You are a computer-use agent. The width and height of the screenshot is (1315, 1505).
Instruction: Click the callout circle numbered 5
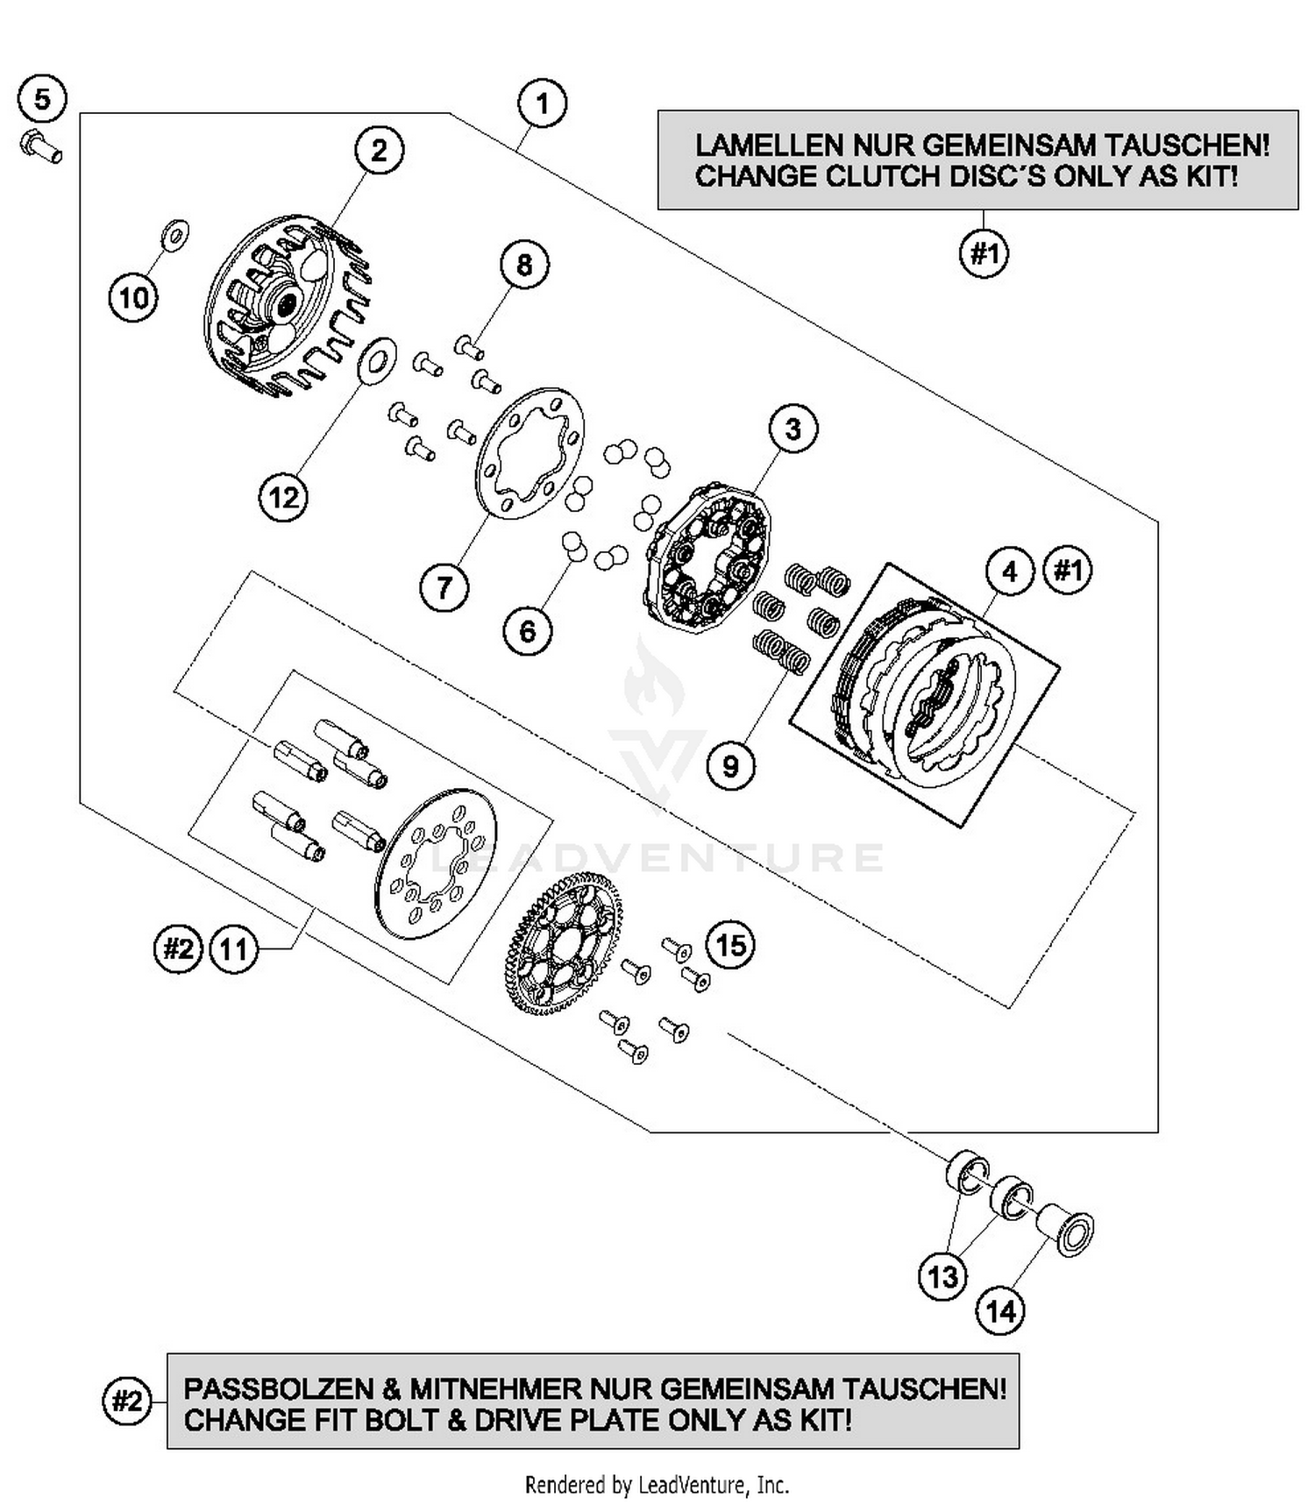click(43, 98)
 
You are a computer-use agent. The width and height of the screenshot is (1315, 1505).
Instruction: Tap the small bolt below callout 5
click(41, 146)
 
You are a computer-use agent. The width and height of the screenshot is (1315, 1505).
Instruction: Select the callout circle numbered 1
click(543, 103)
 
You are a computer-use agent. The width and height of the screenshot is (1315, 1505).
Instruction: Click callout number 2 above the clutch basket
click(379, 151)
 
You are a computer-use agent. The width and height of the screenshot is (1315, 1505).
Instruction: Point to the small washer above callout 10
click(175, 234)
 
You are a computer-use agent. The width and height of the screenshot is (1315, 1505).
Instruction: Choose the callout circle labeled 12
click(284, 498)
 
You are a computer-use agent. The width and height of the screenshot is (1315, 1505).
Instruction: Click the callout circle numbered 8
click(524, 265)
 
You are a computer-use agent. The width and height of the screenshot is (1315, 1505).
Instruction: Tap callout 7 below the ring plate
click(444, 586)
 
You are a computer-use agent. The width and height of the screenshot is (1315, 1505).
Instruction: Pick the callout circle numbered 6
click(528, 631)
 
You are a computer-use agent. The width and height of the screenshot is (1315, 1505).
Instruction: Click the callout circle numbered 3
click(793, 429)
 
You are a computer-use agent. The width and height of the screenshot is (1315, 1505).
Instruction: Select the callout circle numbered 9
click(731, 766)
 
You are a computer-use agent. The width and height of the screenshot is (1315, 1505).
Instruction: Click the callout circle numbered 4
click(1010, 571)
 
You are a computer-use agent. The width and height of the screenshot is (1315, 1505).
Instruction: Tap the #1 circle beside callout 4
click(1069, 571)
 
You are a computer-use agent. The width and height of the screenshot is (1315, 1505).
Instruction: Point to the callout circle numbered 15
click(731, 946)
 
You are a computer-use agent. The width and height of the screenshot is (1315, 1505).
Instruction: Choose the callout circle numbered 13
click(943, 1276)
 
